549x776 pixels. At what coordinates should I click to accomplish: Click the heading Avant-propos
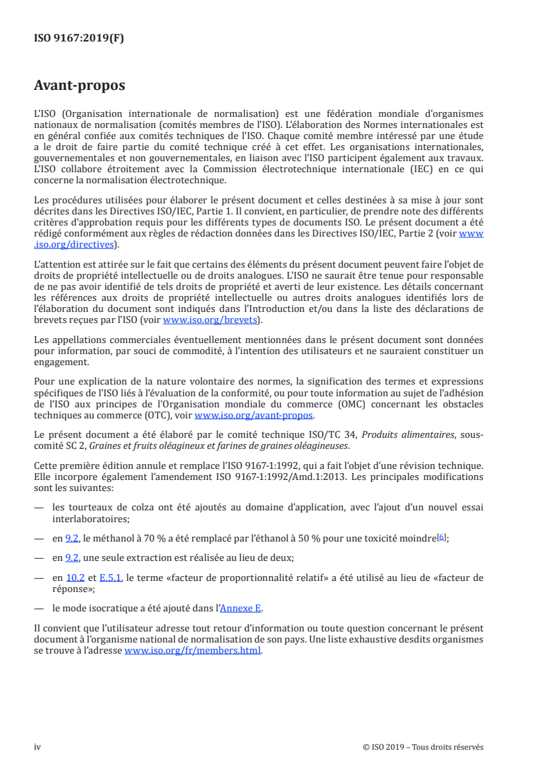[79, 86]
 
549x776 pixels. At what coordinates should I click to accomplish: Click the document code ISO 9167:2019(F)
[79, 38]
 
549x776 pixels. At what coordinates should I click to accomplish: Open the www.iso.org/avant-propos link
[254, 416]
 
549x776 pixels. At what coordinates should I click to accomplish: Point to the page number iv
[37, 747]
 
